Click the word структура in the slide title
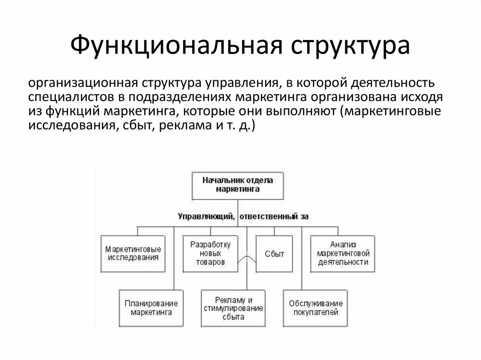tap(350, 46)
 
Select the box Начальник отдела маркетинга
tap(238, 184)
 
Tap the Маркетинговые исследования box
tap(133, 253)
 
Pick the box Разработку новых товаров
tap(210, 253)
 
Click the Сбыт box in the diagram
tap(274, 253)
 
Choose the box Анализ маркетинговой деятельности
tap(343, 253)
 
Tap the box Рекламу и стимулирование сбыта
tap(233, 307)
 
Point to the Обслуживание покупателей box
tap(316, 307)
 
